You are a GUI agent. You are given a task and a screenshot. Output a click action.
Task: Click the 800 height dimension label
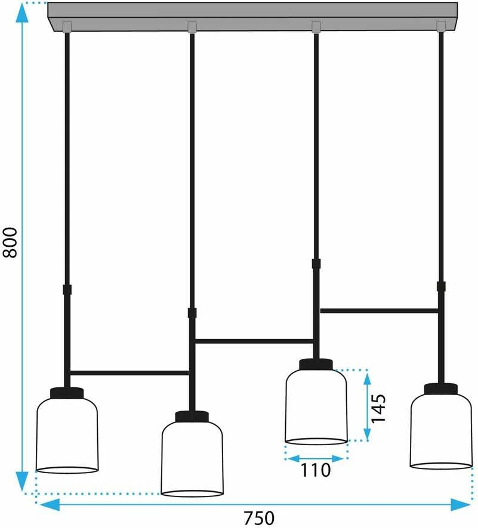coord(10,243)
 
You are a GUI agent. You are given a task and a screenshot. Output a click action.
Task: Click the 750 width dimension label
coord(259,518)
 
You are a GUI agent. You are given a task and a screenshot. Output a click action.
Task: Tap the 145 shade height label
coord(378,408)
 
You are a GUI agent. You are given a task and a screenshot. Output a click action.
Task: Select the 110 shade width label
coord(316,470)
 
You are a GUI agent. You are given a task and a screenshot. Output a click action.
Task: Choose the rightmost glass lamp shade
coord(441,431)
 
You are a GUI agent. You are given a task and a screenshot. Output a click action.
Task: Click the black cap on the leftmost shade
coord(67,393)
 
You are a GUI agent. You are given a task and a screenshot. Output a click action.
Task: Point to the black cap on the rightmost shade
coord(441,389)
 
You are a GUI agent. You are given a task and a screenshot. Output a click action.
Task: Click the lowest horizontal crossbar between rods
coord(129,373)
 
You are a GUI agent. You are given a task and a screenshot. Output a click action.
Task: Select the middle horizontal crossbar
coord(254,341)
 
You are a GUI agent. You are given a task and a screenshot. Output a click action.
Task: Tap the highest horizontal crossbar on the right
coord(378,310)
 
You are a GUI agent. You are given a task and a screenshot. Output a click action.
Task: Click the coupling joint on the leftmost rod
coord(67,290)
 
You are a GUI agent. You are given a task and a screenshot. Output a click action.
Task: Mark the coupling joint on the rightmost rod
coord(441,287)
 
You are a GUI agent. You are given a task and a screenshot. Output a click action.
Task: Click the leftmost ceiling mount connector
coord(67,27)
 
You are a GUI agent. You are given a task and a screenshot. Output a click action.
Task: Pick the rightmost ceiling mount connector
coord(441,26)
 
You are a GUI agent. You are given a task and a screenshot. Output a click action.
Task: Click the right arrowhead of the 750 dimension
coord(461,505)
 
